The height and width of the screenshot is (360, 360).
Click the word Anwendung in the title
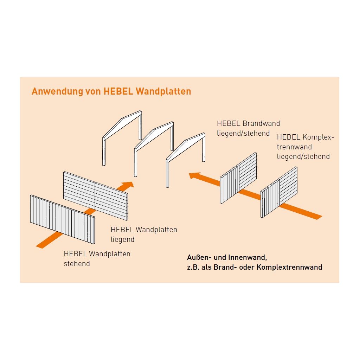57,91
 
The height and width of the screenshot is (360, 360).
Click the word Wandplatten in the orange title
163,91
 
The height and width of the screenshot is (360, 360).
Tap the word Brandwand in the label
261,123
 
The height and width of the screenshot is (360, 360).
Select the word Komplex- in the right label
318,137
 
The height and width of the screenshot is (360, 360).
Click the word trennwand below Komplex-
294,147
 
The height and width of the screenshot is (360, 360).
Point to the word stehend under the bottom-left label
77,264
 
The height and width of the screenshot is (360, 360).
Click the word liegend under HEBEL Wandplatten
122,239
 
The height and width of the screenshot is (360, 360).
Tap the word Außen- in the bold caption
199,257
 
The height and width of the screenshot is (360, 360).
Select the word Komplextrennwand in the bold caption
289,267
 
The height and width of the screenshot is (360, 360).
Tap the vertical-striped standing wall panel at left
63,219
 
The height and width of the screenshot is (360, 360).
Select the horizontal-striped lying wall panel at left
96,196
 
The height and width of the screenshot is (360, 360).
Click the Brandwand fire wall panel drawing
238,178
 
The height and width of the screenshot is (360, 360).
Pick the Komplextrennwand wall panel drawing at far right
279,192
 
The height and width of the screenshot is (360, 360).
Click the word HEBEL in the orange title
118,91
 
